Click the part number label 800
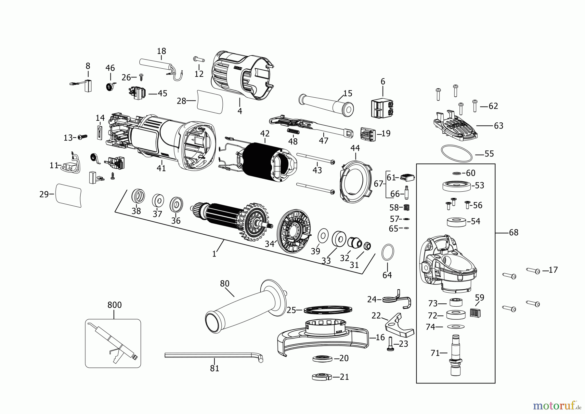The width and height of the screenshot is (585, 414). pyautogui.click(x=114, y=305)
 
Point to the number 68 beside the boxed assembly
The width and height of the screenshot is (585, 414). pyautogui.click(x=513, y=233)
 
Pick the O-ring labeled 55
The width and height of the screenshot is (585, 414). pyautogui.click(x=456, y=153)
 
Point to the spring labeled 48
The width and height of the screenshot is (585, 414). pyautogui.click(x=293, y=132)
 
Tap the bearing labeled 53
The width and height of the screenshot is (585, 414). pyautogui.click(x=456, y=186)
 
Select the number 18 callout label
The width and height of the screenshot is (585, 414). pyautogui.click(x=162, y=51)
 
